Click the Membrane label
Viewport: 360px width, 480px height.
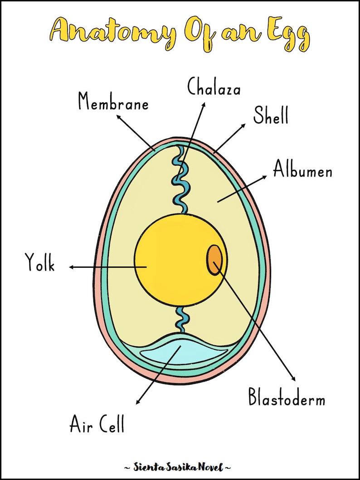tap(113, 101)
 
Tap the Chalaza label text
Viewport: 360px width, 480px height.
tap(214, 86)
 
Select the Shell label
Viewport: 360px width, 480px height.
tap(271, 115)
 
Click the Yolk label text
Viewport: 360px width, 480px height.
tap(40, 263)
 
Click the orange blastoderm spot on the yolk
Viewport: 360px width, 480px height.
tap(214, 260)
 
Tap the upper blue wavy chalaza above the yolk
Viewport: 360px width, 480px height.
tap(181, 181)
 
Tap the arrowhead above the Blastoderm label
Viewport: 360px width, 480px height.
tap(293, 379)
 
